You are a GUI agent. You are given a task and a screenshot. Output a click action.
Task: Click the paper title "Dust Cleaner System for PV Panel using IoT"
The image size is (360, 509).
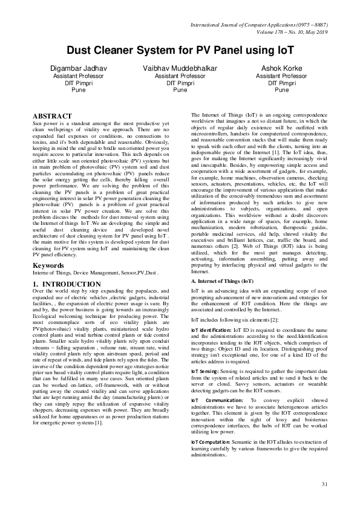(180, 53)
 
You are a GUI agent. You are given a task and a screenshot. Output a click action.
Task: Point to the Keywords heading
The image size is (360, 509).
(49, 265)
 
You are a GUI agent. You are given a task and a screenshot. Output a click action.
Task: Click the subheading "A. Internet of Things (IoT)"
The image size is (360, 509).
(222, 281)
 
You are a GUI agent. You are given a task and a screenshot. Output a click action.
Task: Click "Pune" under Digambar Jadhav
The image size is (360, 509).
(79, 89)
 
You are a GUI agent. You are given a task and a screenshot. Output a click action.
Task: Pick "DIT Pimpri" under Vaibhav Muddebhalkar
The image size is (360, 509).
(180, 83)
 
